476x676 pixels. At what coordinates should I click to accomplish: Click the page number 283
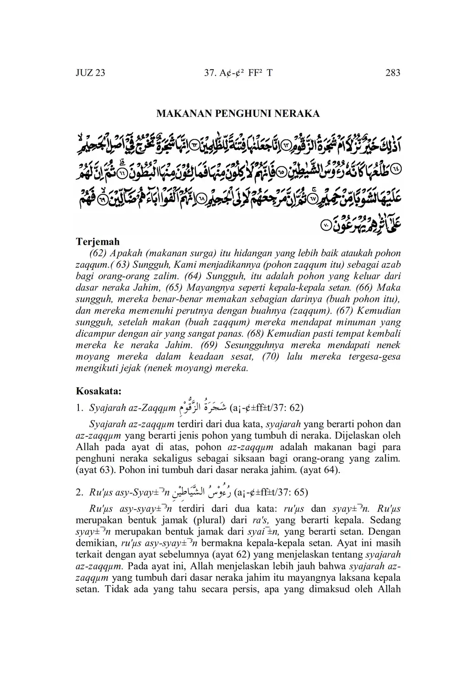coord(393,73)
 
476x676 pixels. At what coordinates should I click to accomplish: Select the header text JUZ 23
coord(90,73)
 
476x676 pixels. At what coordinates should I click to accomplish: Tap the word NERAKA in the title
coord(297,113)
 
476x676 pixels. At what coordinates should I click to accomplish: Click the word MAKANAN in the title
coord(180,113)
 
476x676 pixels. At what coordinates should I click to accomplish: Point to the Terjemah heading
coord(98,242)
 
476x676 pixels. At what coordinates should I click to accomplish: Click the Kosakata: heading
coord(99,392)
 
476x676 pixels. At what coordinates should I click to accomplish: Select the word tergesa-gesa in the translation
coord(374,357)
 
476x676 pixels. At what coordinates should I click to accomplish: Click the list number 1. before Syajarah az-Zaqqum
coord(80,407)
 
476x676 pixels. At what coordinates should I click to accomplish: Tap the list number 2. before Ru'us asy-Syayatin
coord(80,493)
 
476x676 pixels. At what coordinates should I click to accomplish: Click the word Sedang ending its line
coord(385,521)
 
